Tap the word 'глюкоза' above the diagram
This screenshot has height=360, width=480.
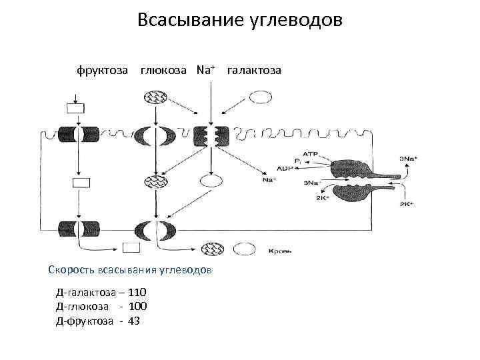point(165,70)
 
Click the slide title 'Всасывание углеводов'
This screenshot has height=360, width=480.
point(239,20)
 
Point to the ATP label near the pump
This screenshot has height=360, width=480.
point(310,153)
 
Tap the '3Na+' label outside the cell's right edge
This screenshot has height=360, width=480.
point(408,158)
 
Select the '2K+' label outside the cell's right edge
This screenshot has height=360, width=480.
point(407,203)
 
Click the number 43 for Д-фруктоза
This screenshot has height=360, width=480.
point(133,320)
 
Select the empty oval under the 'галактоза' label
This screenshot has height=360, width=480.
point(260,97)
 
